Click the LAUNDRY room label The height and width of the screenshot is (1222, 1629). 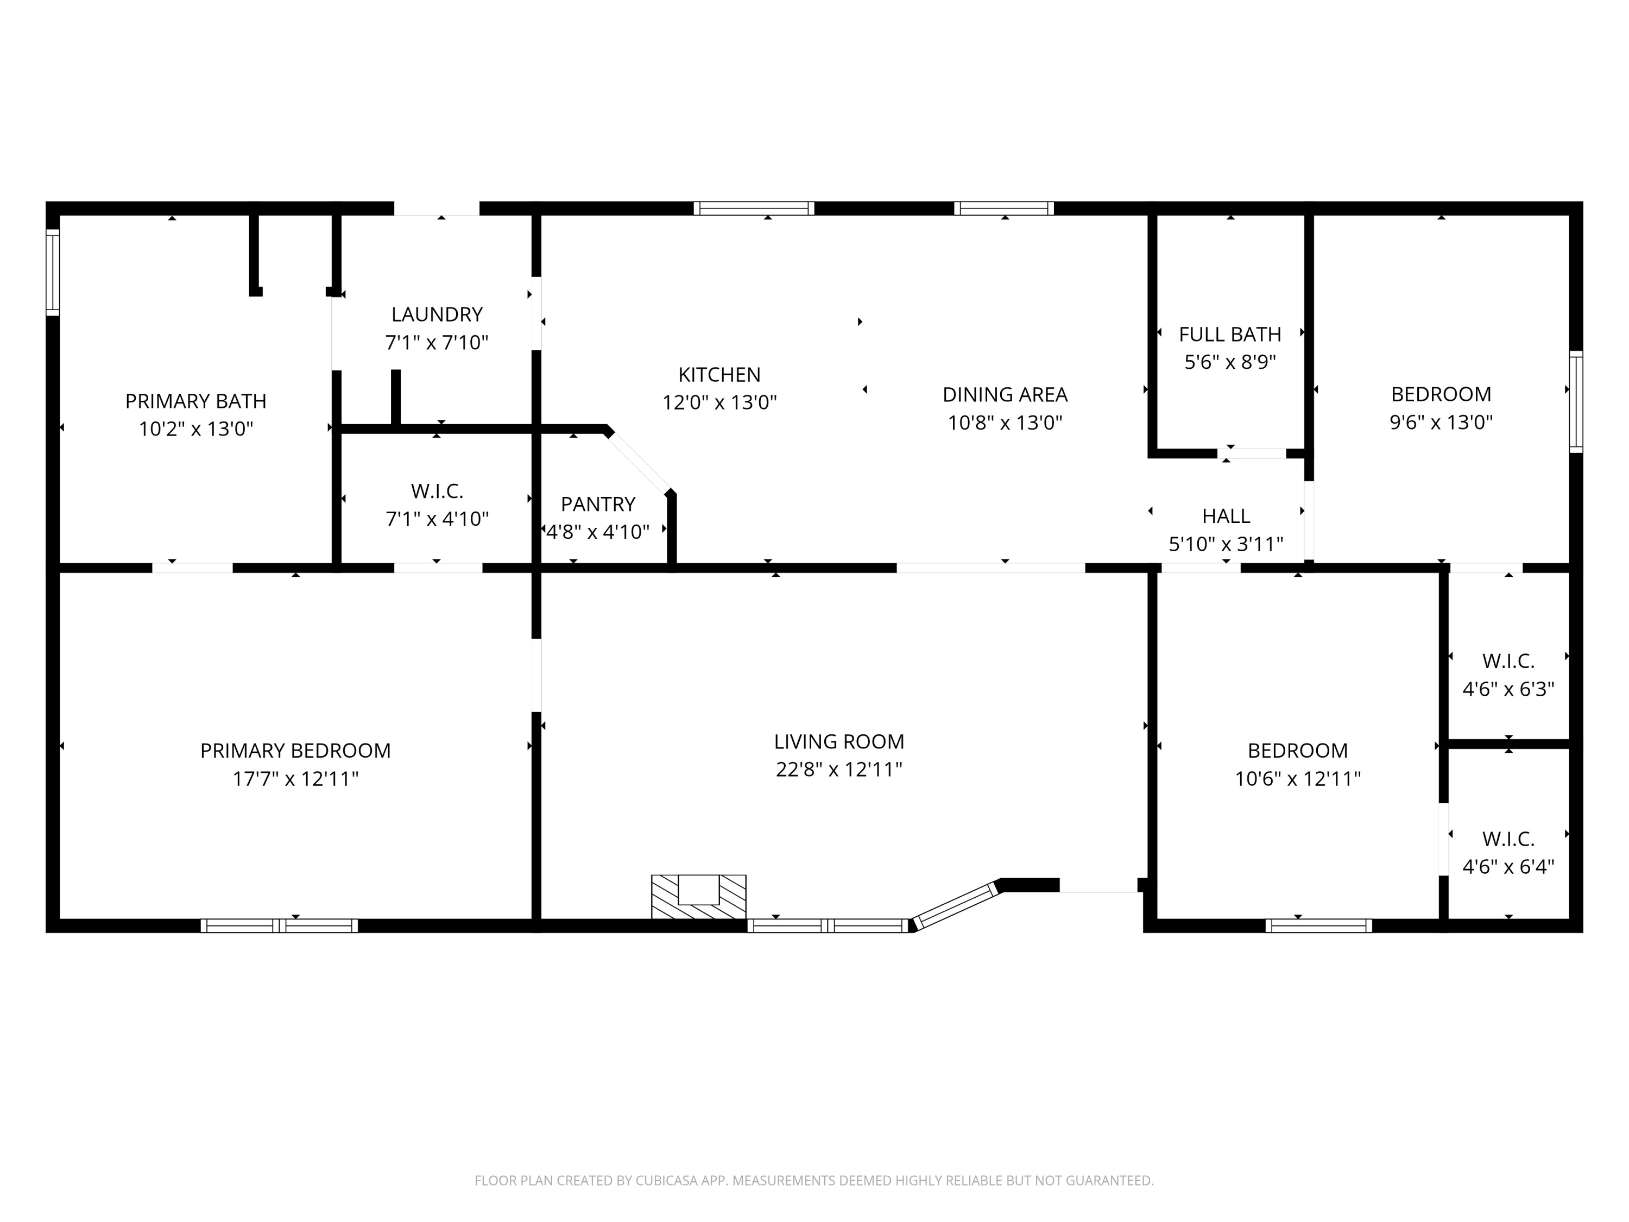[x=437, y=314]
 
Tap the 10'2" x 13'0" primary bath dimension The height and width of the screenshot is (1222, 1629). [x=196, y=429]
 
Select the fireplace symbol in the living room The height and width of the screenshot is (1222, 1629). [x=698, y=897]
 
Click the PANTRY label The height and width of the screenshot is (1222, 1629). [x=597, y=504]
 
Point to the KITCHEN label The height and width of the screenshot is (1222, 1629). [x=719, y=374]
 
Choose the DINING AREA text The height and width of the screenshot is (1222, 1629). [x=1005, y=395]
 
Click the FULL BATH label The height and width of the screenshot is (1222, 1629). [x=1229, y=335]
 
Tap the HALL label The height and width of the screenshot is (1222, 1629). [x=1226, y=515]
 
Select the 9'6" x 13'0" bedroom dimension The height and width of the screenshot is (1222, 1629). [x=1441, y=422]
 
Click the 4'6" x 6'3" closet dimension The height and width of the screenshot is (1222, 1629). [x=1507, y=689]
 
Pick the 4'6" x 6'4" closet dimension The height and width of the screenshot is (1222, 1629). [x=1507, y=866]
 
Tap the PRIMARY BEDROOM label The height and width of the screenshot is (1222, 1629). [x=295, y=751]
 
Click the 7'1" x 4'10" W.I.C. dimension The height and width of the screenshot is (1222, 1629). [x=437, y=519]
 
